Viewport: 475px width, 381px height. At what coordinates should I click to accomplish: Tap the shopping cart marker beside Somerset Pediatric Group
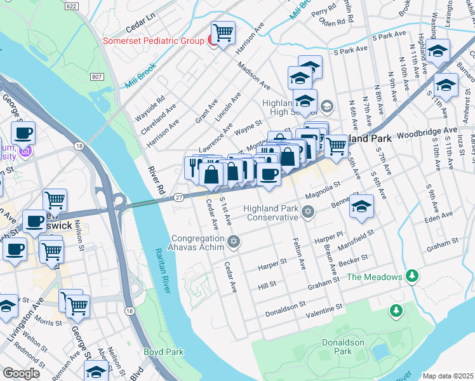[x=223, y=33]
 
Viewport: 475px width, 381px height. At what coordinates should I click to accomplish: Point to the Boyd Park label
[x=163, y=352]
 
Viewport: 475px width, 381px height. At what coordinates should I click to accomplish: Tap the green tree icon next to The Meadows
[x=413, y=276]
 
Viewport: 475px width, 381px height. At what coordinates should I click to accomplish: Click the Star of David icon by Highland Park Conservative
[x=308, y=211]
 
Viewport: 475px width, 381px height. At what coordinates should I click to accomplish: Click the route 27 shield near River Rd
[x=180, y=197]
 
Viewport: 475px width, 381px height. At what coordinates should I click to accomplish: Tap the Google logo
[x=22, y=373]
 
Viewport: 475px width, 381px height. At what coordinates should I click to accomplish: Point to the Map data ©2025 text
[x=447, y=376]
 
